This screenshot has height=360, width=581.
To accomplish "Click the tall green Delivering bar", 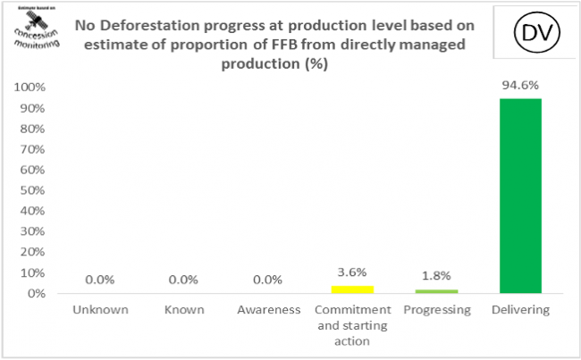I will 519,195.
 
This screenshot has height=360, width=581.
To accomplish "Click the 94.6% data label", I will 519,86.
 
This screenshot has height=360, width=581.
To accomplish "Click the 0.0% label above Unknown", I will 99,280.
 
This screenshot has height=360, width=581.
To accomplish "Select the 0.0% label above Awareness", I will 266,280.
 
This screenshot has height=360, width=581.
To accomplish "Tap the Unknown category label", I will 99,310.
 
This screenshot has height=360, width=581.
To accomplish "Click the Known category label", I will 184,310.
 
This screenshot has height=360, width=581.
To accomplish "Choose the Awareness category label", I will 266,310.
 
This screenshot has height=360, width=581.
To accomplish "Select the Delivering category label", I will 519,310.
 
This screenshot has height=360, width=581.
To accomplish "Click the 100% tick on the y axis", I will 29,88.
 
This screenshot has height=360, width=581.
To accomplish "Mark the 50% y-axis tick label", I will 32,190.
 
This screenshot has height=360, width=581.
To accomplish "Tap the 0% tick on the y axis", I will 36,293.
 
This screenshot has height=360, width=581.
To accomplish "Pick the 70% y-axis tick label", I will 32,149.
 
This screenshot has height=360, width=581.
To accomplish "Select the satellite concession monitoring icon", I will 33,32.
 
